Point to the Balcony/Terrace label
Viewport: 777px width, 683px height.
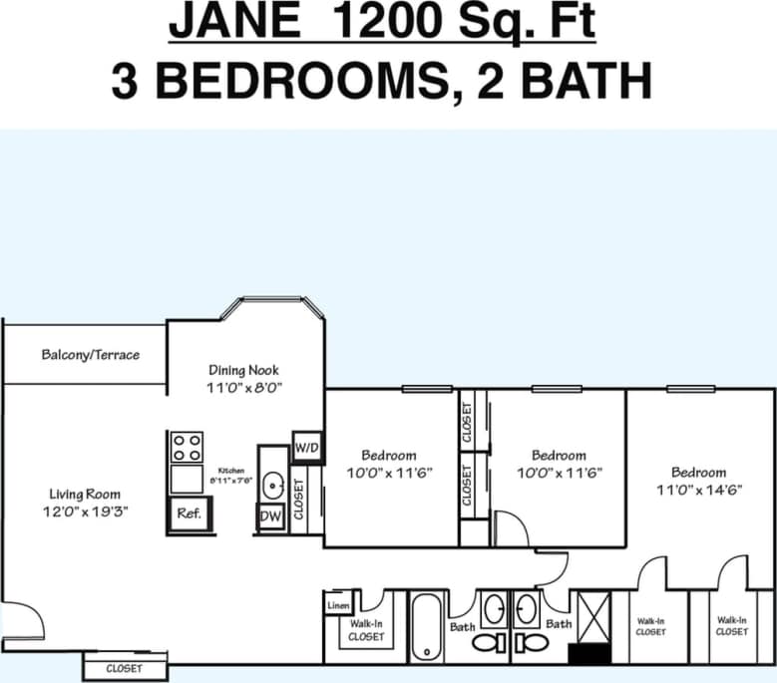point(91,355)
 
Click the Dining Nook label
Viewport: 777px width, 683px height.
point(243,370)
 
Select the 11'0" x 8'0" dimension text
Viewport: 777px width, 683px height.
point(243,389)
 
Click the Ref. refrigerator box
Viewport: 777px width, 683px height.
point(189,514)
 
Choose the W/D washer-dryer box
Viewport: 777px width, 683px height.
point(306,448)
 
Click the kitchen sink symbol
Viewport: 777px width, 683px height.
point(272,485)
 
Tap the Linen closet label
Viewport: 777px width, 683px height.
point(336,604)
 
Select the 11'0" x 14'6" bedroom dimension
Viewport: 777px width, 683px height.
point(698,491)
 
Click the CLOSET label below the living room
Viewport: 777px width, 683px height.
point(124,668)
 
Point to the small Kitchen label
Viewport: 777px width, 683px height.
point(231,469)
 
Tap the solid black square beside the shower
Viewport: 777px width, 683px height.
point(581,654)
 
